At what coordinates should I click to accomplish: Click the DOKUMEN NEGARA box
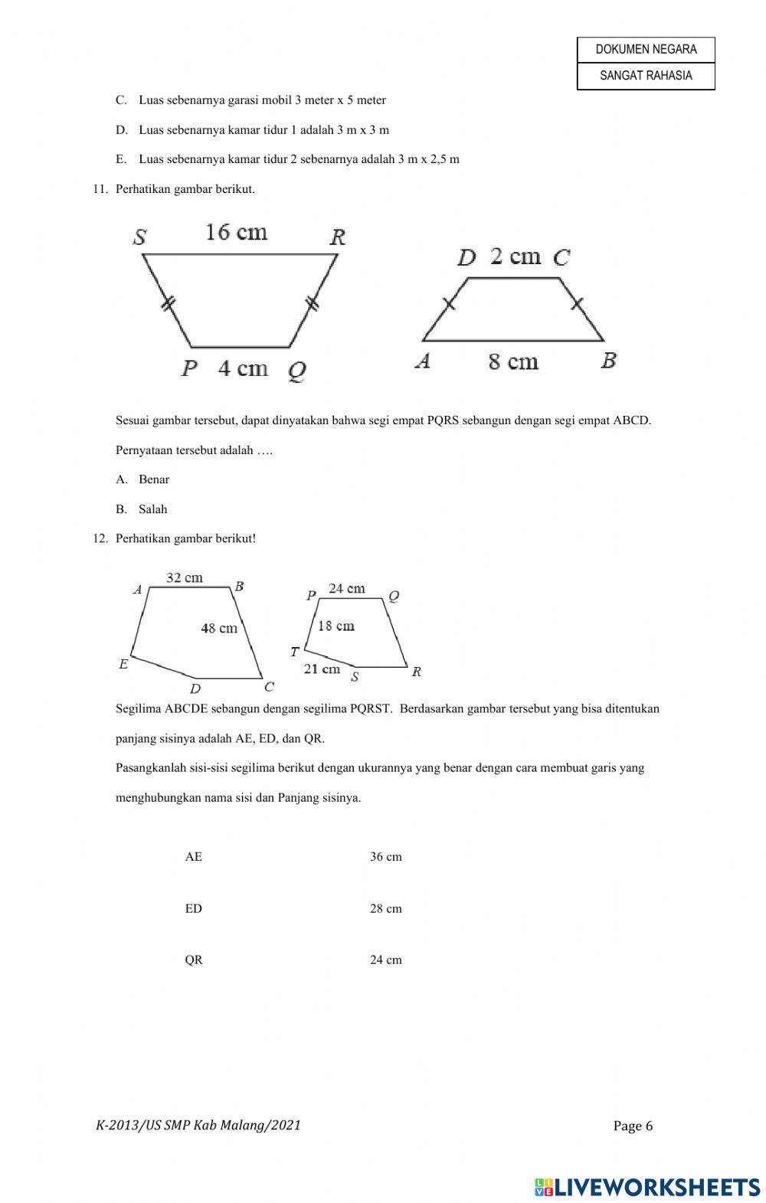pyautogui.click(x=646, y=50)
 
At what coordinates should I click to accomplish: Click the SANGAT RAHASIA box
pyautogui.click(x=646, y=76)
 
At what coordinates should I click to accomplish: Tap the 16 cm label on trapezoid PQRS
pyautogui.click(x=236, y=232)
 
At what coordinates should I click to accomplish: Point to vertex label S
pyautogui.click(x=139, y=237)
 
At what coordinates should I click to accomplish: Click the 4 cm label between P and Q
pyautogui.click(x=243, y=369)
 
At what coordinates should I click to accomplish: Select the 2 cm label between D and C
pyautogui.click(x=515, y=257)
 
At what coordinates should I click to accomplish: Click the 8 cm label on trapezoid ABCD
pyautogui.click(x=513, y=361)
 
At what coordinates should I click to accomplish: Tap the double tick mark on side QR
pyautogui.click(x=312, y=304)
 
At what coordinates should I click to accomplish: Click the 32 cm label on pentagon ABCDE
pyautogui.click(x=185, y=578)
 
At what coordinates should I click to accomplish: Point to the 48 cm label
pyautogui.click(x=219, y=629)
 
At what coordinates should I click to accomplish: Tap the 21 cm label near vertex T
pyautogui.click(x=322, y=669)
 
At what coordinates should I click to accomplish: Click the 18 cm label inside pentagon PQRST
pyautogui.click(x=336, y=626)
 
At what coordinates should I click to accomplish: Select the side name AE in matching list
pyautogui.click(x=194, y=857)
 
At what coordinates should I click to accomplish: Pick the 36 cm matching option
pyautogui.click(x=385, y=857)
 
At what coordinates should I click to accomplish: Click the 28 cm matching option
pyautogui.click(x=385, y=909)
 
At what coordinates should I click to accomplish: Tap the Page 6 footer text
pyautogui.click(x=633, y=1126)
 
